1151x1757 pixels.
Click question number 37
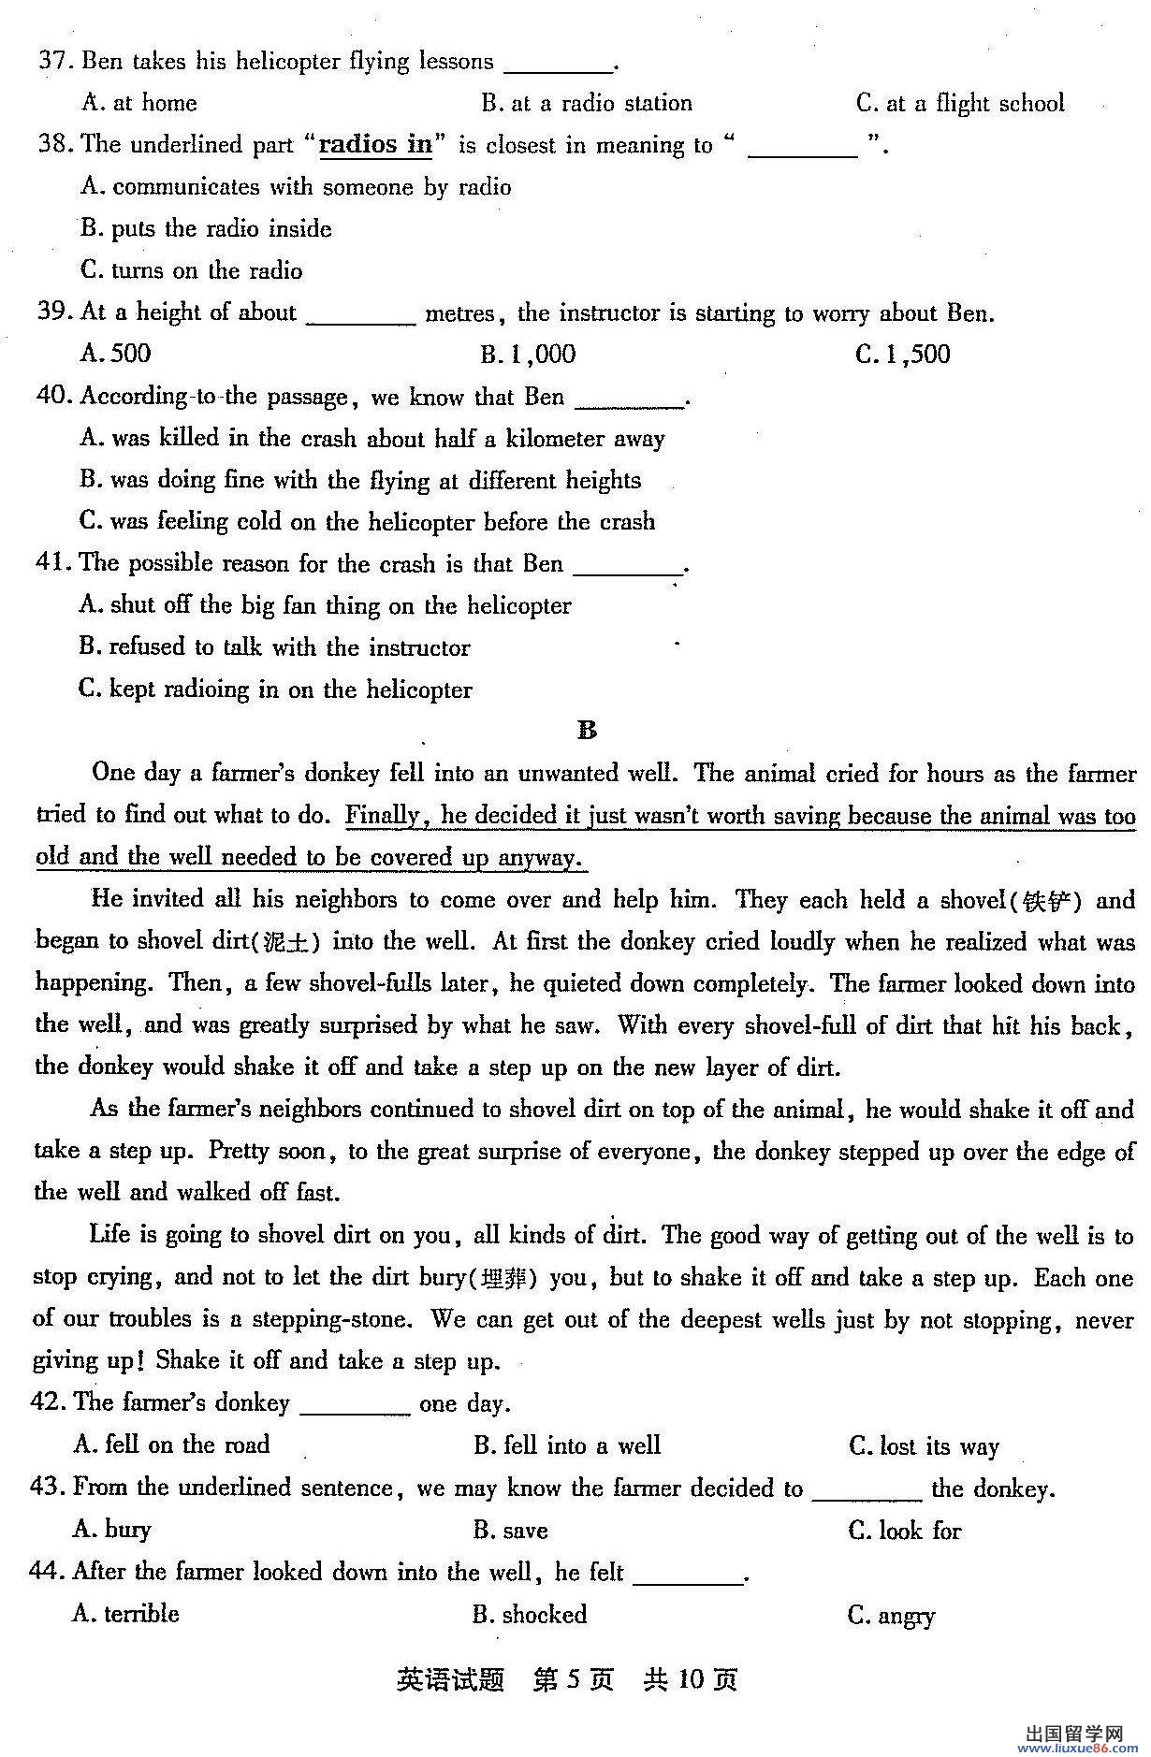[55, 62]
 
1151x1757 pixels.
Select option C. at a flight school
[959, 103]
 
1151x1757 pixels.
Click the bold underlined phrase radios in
[375, 145]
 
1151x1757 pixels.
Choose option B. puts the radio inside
[206, 228]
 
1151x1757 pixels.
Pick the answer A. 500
[116, 354]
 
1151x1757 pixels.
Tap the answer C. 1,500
[902, 355]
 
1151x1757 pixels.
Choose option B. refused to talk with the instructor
[274, 647]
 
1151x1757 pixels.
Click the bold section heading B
[587, 731]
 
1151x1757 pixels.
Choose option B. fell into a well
[567, 1445]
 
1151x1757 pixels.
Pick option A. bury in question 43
[111, 1530]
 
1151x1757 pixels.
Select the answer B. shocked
[530, 1615]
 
